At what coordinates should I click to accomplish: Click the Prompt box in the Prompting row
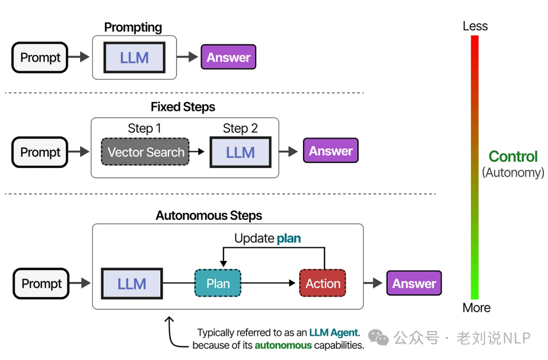[x=40, y=57]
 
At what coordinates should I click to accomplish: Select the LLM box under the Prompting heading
[x=134, y=57]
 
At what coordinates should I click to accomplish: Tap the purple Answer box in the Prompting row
[x=228, y=57]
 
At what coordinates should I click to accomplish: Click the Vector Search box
[x=146, y=152]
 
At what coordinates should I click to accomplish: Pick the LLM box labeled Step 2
[x=240, y=152]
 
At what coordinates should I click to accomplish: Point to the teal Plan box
[x=218, y=283]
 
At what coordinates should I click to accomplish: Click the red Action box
[x=323, y=283]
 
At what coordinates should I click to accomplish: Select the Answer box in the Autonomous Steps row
[x=414, y=283]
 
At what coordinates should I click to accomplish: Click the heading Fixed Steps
[x=183, y=107]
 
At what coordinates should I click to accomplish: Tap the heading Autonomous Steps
[x=209, y=215]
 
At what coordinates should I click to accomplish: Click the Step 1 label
[x=144, y=128]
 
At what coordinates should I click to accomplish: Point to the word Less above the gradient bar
[x=475, y=26]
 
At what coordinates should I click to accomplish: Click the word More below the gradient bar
[x=476, y=308]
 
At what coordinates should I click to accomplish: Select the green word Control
[x=512, y=156]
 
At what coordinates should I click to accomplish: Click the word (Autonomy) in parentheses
[x=512, y=173]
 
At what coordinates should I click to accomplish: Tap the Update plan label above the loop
[x=267, y=238]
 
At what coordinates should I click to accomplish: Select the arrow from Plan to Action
[x=269, y=283]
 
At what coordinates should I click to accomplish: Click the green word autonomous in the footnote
[x=283, y=346]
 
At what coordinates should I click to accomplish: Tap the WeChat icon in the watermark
[x=378, y=337]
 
